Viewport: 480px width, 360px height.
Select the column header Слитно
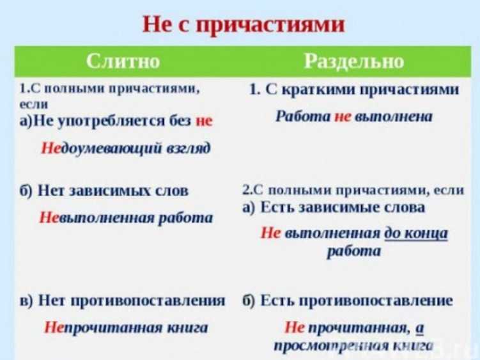click(x=123, y=61)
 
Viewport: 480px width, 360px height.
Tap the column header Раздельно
click(x=354, y=61)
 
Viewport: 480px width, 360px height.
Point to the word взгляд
click(x=189, y=148)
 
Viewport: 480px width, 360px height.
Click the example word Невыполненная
click(x=97, y=218)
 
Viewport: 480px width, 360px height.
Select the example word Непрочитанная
click(x=104, y=327)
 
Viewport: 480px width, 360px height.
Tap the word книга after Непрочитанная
click(x=187, y=327)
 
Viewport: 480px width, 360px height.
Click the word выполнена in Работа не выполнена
click(x=394, y=116)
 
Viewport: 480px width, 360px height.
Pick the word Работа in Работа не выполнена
click(x=303, y=116)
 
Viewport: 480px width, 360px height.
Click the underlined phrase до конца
click(x=416, y=233)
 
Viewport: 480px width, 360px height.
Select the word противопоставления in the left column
click(x=148, y=301)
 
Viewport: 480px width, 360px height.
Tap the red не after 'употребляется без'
click(x=204, y=121)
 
